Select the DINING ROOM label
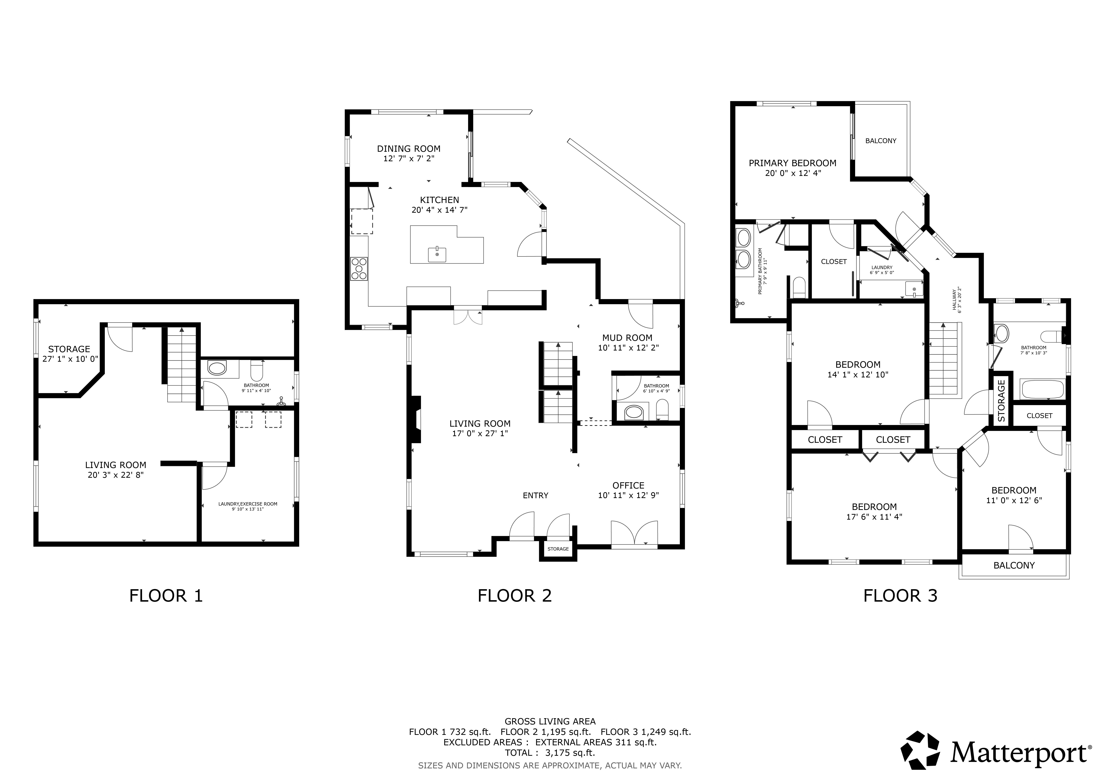(x=409, y=149)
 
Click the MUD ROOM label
(x=627, y=338)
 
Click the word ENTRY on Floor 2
(x=536, y=495)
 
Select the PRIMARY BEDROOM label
(x=792, y=163)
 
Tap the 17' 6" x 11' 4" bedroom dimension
(x=874, y=517)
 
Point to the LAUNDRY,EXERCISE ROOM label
(x=248, y=504)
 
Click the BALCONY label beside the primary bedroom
(x=881, y=141)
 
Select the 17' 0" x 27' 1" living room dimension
(x=480, y=433)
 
